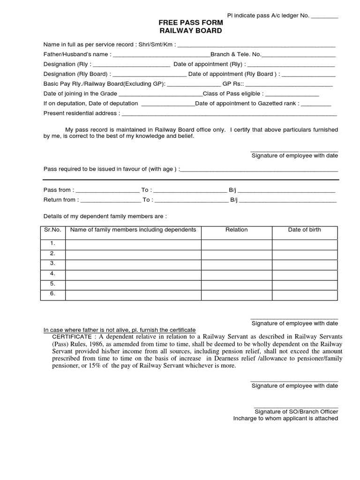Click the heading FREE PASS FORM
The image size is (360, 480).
pyautogui.click(x=190, y=23)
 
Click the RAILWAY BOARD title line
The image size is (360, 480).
pyautogui.click(x=190, y=31)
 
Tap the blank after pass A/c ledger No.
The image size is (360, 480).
pyautogui.click(x=324, y=15)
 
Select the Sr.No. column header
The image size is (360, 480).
pyautogui.click(x=52, y=230)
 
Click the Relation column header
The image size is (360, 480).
pyautogui.click(x=236, y=230)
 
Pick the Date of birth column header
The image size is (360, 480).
pyautogui.click(x=304, y=230)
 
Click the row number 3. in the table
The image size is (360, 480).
pyautogui.click(x=52, y=263)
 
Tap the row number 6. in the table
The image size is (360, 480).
pyautogui.click(x=52, y=294)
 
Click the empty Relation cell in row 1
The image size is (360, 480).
pyautogui.click(x=236, y=244)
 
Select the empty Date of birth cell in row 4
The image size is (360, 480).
pyautogui.click(x=304, y=274)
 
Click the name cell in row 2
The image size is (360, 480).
pyautogui.click(x=133, y=254)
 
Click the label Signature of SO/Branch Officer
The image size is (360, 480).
pyautogui.click(x=296, y=412)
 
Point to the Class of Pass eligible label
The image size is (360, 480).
pyautogui.click(x=233, y=94)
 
